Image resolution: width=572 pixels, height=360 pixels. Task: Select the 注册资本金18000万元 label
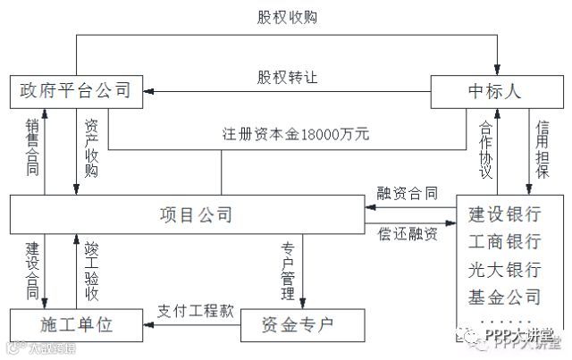click(296, 136)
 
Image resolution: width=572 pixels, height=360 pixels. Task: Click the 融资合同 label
click(408, 191)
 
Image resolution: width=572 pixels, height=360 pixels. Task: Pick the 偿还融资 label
click(408, 235)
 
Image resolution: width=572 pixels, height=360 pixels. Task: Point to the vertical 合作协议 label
click(485, 150)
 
